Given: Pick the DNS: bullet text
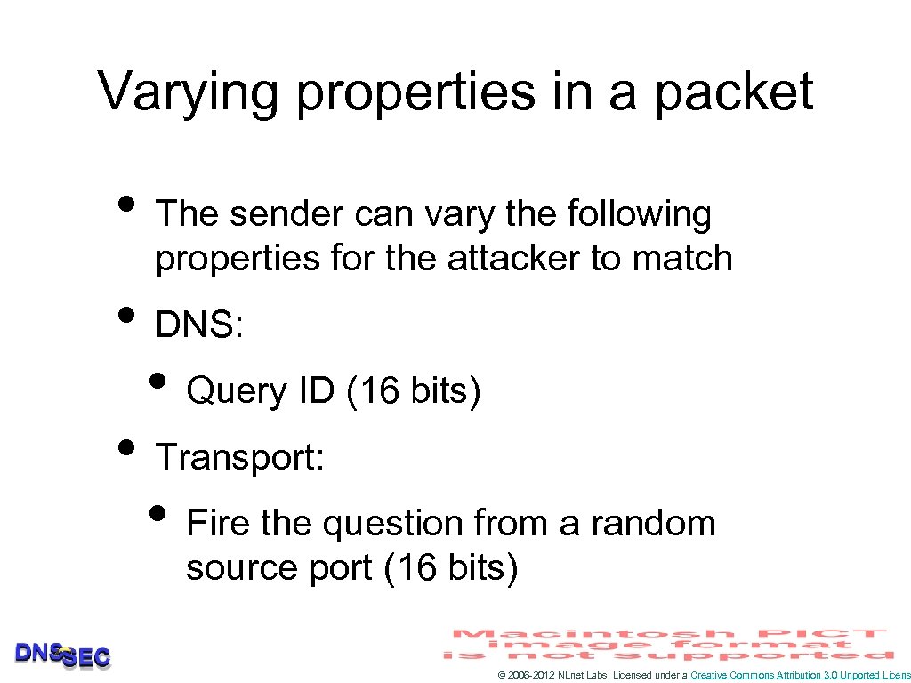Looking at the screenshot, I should point(199,325).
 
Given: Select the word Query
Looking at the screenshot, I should point(237,390).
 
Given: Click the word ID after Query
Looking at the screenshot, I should point(317,390).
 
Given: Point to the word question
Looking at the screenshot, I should point(392,524).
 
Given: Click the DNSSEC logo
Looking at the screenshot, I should point(62,655).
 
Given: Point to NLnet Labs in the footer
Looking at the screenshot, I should point(583,676).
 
